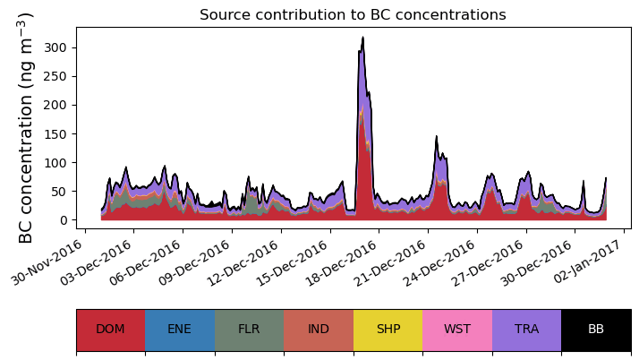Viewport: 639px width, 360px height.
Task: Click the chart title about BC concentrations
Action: [353, 15]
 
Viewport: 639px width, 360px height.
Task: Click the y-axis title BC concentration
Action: [26, 127]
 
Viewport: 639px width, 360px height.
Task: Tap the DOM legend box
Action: [110, 330]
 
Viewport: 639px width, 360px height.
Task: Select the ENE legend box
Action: [179, 330]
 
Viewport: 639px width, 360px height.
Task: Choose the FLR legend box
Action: [249, 330]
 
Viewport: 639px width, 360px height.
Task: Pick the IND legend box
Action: [319, 330]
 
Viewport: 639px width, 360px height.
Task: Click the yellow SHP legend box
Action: [388, 330]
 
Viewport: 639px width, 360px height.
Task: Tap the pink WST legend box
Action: [457, 330]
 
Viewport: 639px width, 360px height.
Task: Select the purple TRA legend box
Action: [526, 330]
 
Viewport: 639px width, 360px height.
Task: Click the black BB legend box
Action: [596, 330]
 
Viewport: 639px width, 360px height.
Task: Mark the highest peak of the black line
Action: [362, 38]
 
